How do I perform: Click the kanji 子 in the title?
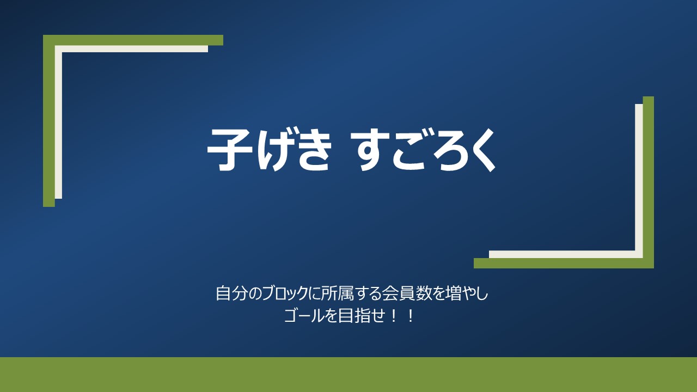(x=230, y=149)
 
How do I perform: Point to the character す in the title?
(x=370, y=149)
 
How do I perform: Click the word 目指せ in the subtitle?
(x=360, y=316)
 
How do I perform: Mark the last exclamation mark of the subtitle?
(x=411, y=316)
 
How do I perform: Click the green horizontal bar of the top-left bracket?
(x=133, y=40)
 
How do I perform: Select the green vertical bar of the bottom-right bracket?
(x=649, y=182)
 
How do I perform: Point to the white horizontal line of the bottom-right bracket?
(x=566, y=254)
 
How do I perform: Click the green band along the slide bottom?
(x=348, y=375)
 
